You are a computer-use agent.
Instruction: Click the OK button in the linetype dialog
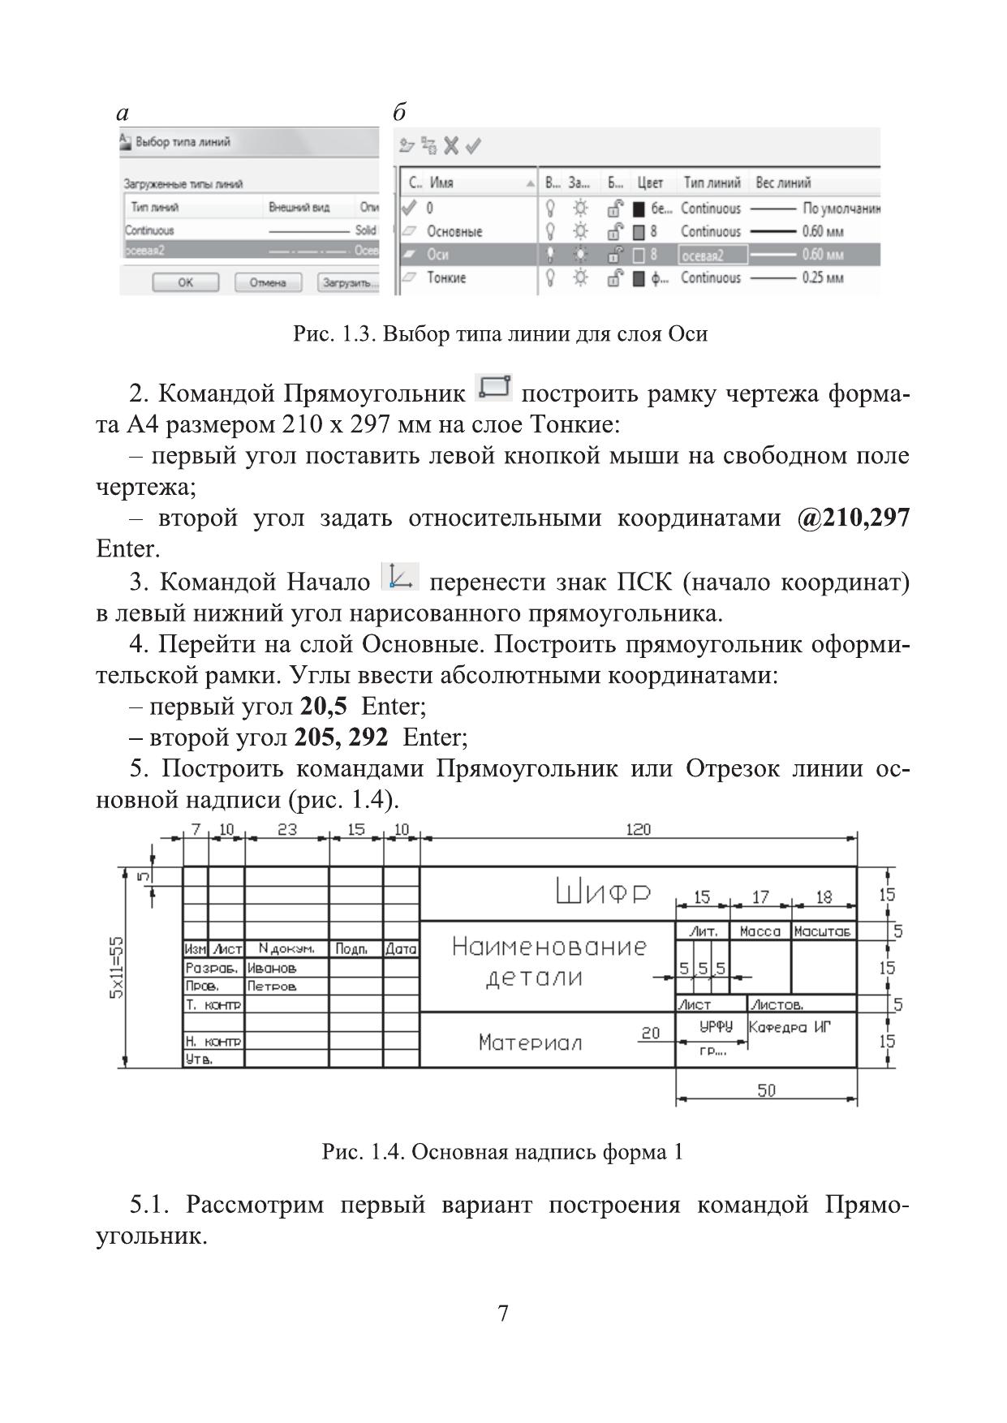(186, 283)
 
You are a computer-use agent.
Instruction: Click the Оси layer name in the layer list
(438, 255)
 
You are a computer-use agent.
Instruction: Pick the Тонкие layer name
(446, 278)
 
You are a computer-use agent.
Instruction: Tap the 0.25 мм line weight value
(823, 278)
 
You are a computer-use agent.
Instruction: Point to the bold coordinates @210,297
(854, 518)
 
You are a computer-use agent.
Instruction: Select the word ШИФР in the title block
(604, 893)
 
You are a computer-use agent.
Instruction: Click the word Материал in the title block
(530, 1042)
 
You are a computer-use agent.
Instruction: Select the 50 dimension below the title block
(766, 1091)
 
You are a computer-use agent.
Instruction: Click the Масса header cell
(760, 932)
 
